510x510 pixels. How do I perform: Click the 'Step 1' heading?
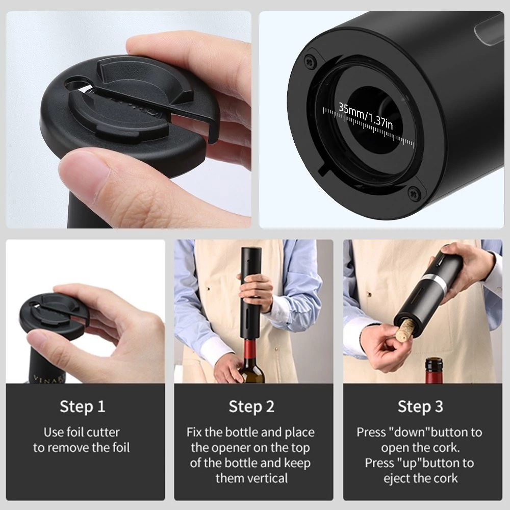(x=82, y=406)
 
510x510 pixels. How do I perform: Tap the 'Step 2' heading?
(x=251, y=406)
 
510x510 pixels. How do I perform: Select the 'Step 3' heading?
(x=420, y=406)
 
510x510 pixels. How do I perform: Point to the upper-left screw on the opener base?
(x=310, y=61)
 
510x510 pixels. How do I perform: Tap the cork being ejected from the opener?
(x=405, y=330)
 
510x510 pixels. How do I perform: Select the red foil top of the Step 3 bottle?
(x=434, y=370)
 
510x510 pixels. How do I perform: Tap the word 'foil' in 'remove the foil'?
(x=121, y=448)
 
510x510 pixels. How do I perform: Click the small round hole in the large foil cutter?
(x=75, y=83)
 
